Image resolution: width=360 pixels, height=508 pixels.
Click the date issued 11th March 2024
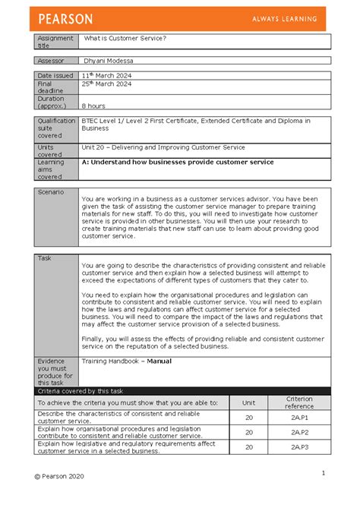tap(109, 76)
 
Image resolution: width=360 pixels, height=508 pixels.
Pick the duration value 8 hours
tap(93, 106)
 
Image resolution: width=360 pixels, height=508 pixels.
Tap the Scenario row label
tap(52, 192)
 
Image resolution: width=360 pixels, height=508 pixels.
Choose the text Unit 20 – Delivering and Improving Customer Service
tap(163, 147)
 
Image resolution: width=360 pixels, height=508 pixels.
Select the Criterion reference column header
tap(299, 402)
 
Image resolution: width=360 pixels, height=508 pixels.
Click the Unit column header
tap(248, 402)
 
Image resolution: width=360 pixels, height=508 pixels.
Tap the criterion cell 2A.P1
tap(299, 417)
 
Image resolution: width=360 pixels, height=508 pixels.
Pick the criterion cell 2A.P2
tap(299, 432)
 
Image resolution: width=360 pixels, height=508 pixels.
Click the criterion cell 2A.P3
tap(299, 447)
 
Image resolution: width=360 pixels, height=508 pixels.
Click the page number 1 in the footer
tap(323, 473)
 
